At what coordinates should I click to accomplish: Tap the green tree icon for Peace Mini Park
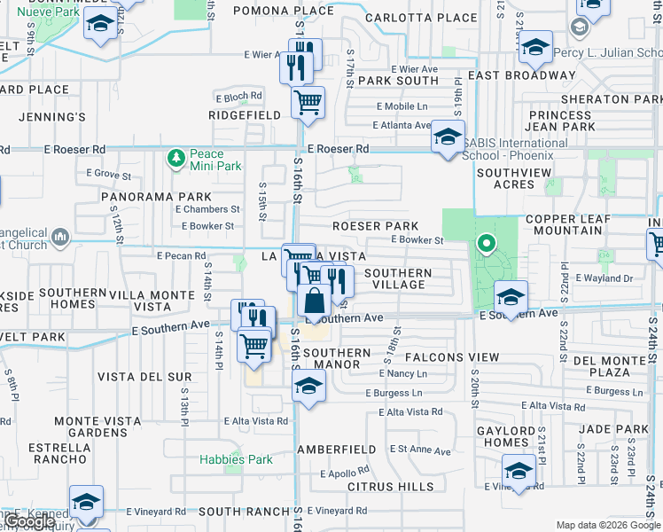coord(175,159)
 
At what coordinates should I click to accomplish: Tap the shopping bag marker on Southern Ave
coord(315,302)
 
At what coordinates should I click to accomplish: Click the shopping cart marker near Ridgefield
coord(308,102)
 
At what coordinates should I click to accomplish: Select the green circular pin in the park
coord(486,242)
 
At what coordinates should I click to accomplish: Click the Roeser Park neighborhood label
coord(375,226)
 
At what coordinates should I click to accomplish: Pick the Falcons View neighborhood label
coord(452,356)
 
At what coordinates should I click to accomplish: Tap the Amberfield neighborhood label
coord(331,450)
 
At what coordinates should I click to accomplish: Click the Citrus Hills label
coord(391,487)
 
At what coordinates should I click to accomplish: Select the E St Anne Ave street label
coord(420,451)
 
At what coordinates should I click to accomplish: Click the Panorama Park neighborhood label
coord(156,196)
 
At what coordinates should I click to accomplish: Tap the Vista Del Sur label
coord(144,377)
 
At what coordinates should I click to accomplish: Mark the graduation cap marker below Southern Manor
coord(308,387)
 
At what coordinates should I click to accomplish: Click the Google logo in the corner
coord(31,521)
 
